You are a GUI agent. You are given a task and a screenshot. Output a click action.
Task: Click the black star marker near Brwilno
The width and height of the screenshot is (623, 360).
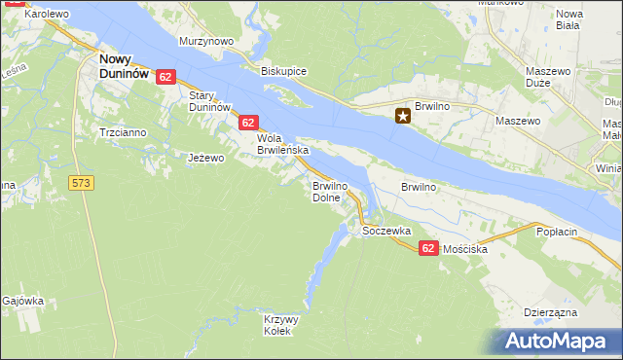coord(402,117)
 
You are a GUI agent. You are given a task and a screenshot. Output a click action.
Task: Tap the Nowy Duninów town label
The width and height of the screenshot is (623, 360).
coord(124,65)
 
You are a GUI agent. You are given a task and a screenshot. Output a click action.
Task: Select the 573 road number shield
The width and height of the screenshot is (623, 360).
coord(82,182)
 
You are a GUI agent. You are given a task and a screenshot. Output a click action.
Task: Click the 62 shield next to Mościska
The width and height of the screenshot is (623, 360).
coord(428,249)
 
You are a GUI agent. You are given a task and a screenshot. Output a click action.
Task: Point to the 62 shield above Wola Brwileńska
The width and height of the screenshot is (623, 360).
coord(248,123)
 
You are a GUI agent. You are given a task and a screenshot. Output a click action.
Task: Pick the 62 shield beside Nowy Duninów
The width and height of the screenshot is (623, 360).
coord(165,77)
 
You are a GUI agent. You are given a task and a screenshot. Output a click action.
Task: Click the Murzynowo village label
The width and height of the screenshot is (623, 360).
coord(206,42)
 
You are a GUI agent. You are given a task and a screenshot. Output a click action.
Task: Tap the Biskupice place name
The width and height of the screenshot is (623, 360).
coord(284,71)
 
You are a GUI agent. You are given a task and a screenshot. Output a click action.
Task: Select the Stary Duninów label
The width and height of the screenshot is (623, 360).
coord(208,100)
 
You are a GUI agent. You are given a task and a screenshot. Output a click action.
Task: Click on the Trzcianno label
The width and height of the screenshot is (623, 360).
coord(122,131)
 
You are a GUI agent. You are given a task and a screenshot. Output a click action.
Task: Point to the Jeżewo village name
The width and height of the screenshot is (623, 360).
coord(205,158)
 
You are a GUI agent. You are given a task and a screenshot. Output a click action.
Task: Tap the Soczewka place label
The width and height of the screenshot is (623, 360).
coord(386,232)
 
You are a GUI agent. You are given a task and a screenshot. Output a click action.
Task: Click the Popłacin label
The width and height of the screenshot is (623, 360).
coord(558,232)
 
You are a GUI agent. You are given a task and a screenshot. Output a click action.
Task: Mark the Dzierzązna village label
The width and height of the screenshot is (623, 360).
coord(550,312)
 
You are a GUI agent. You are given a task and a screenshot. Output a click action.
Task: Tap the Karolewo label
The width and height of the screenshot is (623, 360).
coord(46,15)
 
